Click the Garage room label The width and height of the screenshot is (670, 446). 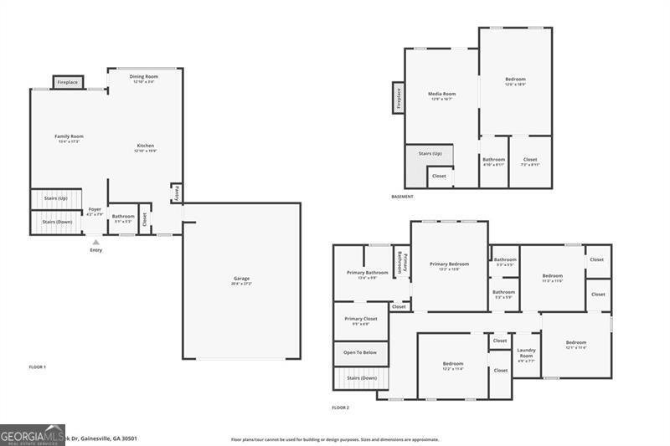click(x=241, y=279)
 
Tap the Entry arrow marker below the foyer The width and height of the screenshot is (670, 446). click(x=95, y=243)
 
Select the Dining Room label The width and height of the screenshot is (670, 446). click(x=144, y=77)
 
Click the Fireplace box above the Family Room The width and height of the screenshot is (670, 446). click(x=67, y=83)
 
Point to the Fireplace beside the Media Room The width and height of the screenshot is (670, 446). click(x=398, y=99)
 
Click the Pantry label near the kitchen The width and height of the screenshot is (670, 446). click(x=177, y=193)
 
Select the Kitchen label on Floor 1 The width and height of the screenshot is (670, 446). click(x=146, y=146)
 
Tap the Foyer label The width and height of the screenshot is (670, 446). click(x=95, y=209)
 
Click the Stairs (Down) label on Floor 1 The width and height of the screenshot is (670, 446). click(x=57, y=222)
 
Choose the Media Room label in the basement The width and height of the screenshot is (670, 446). click(x=441, y=94)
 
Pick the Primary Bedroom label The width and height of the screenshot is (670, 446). click(x=449, y=264)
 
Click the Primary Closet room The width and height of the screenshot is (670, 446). click(x=361, y=320)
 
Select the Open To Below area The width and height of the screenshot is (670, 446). click(x=361, y=353)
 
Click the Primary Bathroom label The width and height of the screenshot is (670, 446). click(x=367, y=273)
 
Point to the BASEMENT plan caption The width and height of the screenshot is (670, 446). click(x=404, y=197)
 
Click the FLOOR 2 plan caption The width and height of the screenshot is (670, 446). click(x=340, y=408)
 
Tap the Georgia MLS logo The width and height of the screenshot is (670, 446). click(x=32, y=434)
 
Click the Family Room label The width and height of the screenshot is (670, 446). click(x=70, y=136)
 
